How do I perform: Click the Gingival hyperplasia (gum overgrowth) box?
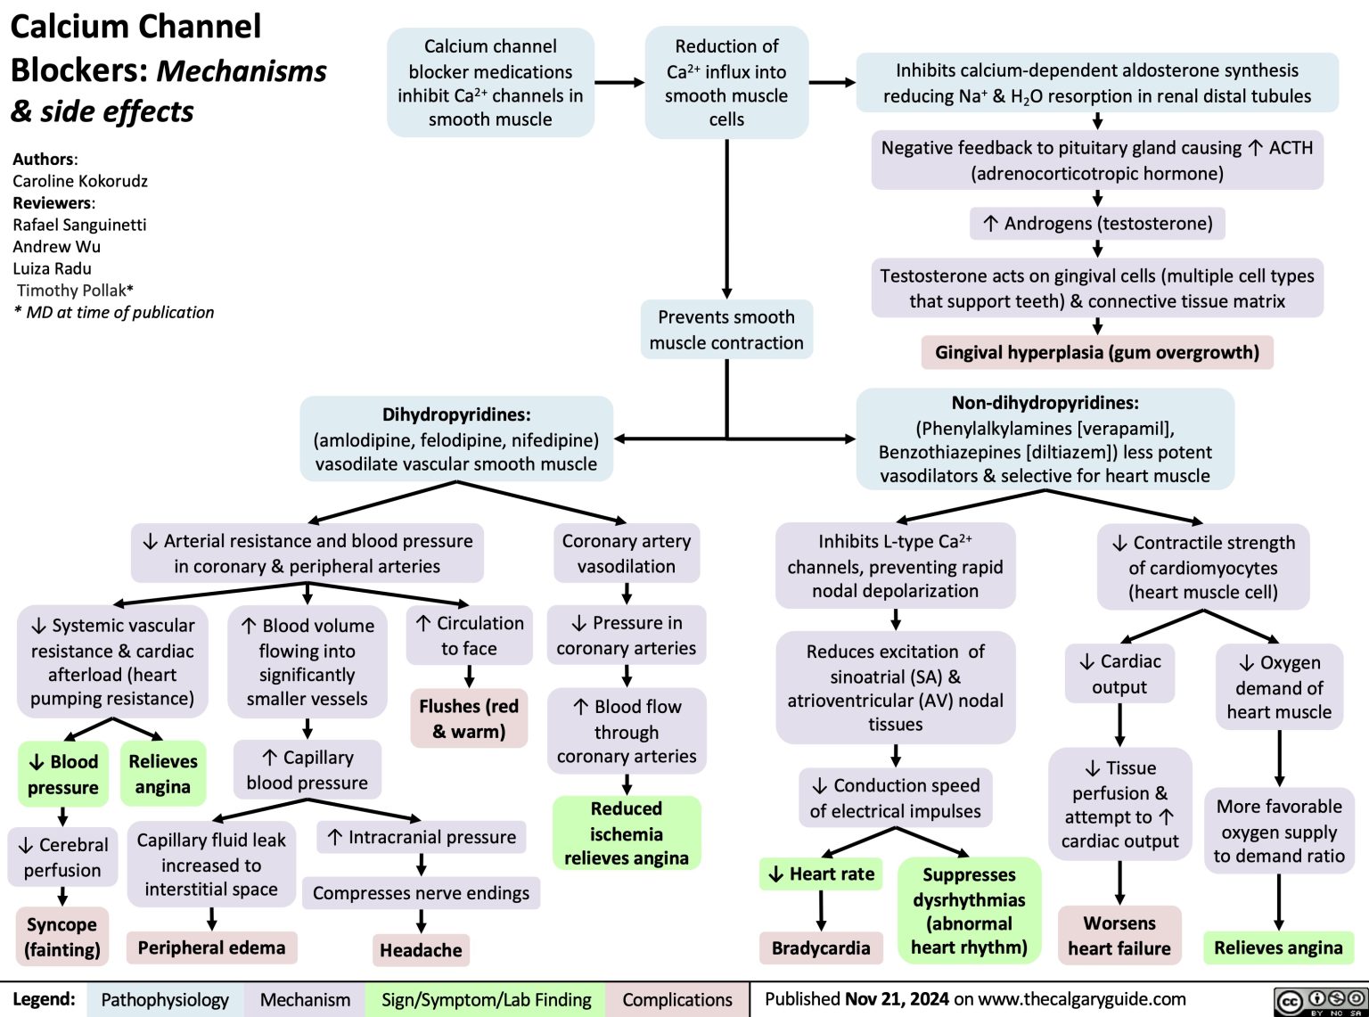click(x=1097, y=352)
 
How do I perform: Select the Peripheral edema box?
click(x=211, y=947)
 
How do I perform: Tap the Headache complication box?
click(x=421, y=950)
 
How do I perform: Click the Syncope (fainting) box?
click(x=62, y=937)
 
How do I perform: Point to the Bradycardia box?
click(x=821, y=947)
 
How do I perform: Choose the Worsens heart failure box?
click(x=1119, y=935)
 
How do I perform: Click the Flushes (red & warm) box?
click(x=469, y=718)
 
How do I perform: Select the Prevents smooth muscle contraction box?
click(x=726, y=330)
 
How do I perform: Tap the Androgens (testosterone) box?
click(x=1098, y=223)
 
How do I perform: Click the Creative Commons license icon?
click(x=1320, y=1000)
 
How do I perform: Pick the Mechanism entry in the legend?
click(x=305, y=1000)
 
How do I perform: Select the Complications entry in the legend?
click(x=677, y=1000)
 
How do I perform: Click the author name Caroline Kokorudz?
click(x=80, y=181)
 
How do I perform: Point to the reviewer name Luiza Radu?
click(x=52, y=268)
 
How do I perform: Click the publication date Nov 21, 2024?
click(x=897, y=999)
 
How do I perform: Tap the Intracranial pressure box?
click(x=422, y=837)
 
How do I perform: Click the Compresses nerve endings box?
click(x=421, y=893)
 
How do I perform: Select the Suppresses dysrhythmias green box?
click(x=969, y=911)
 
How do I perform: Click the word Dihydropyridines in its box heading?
click(x=456, y=414)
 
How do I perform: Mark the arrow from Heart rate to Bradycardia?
click(x=821, y=910)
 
